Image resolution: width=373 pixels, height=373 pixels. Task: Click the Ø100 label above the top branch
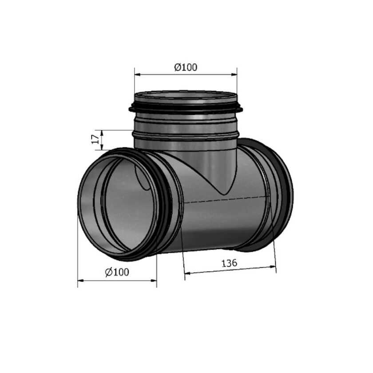(186, 67)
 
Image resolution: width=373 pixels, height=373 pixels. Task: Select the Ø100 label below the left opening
(117, 272)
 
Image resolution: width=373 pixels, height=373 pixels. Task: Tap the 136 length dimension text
(229, 263)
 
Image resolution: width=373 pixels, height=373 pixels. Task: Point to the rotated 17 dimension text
(95, 139)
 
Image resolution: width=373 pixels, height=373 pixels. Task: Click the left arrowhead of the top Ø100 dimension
(138, 75)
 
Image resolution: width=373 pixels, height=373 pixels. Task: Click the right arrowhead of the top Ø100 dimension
(234, 75)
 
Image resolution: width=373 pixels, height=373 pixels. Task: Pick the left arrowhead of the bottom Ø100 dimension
(81, 281)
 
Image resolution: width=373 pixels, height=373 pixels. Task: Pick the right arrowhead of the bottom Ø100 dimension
(154, 281)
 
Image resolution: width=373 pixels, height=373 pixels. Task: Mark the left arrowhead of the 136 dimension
(187, 273)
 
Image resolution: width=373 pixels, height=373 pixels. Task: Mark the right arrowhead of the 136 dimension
(273, 267)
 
